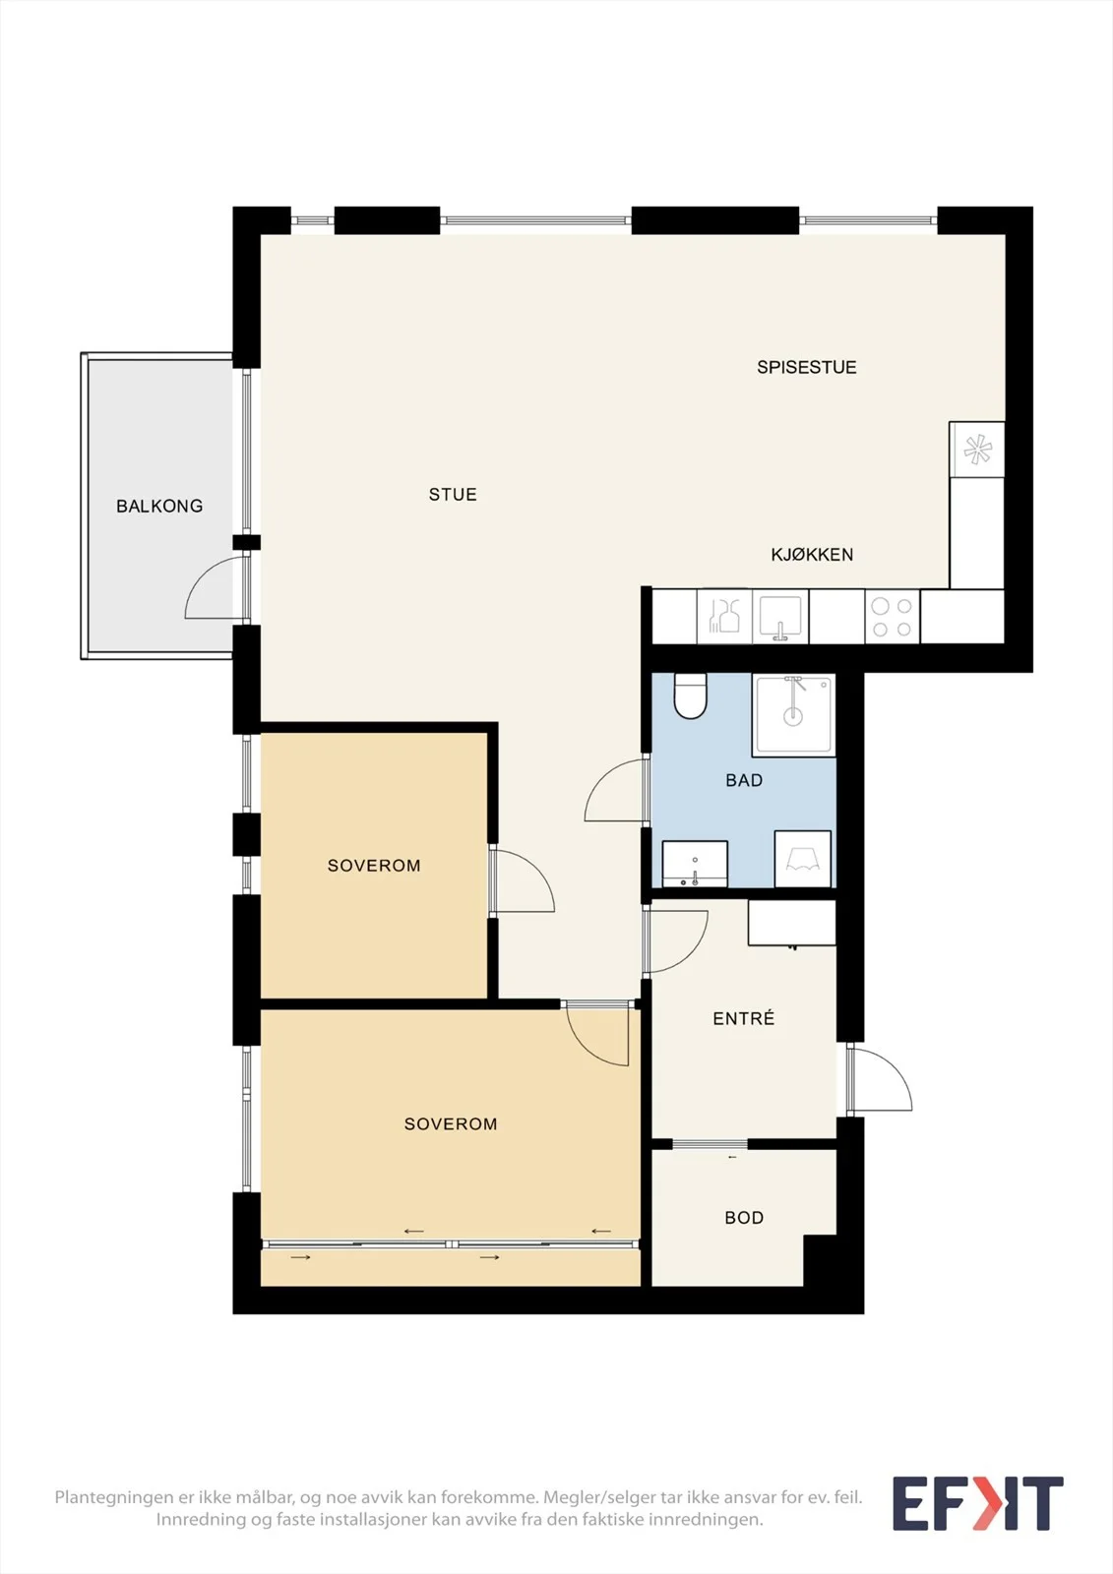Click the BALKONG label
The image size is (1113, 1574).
click(x=159, y=506)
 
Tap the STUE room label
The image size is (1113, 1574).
click(x=453, y=495)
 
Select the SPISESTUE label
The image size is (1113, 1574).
click(x=806, y=368)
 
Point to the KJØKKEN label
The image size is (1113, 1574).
click(x=812, y=555)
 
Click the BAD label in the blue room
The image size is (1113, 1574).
click(x=744, y=780)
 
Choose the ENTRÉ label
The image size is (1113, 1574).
click(x=743, y=1018)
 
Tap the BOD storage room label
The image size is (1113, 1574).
click(x=744, y=1218)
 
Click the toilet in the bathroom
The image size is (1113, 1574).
click(x=690, y=696)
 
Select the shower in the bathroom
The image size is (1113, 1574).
click(x=793, y=715)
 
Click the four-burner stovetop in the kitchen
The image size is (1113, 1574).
click(x=893, y=616)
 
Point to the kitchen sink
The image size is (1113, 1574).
click(x=779, y=617)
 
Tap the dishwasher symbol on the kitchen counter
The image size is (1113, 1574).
click(x=725, y=616)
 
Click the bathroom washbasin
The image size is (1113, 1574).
click(x=695, y=864)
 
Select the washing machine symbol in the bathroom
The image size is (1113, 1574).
click(x=802, y=859)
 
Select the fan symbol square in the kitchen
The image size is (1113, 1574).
click(x=976, y=450)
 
